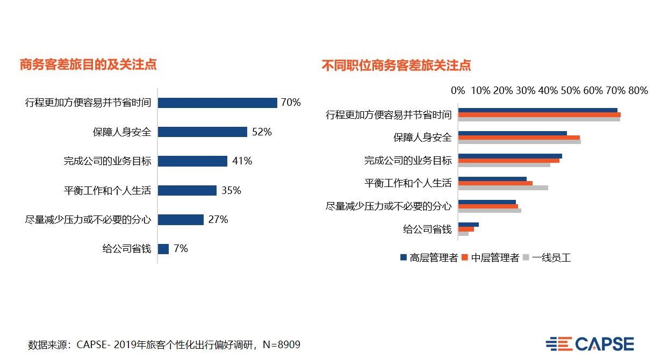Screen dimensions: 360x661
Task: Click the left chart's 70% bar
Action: [x=217, y=103]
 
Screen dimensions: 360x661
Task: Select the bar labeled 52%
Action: [x=202, y=132]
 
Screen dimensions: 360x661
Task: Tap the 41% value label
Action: [x=241, y=161]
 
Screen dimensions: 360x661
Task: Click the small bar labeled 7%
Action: [x=163, y=249]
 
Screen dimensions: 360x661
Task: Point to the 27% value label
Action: [x=218, y=219]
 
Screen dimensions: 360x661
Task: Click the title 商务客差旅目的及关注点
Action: [x=88, y=64]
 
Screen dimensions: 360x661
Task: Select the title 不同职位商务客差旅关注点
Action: [x=396, y=66]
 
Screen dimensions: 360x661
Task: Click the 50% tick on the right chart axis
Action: [x=570, y=90]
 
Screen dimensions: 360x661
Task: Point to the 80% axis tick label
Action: [x=638, y=90]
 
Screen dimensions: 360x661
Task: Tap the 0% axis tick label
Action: [x=458, y=90]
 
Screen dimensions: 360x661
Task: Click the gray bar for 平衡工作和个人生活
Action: [x=503, y=188]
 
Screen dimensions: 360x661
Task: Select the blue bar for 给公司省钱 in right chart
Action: [x=468, y=225]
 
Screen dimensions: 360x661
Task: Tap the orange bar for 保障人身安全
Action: [x=519, y=138]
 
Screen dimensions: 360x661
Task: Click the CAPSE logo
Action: [x=590, y=344]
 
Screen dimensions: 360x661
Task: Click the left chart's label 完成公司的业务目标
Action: [x=107, y=161]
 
